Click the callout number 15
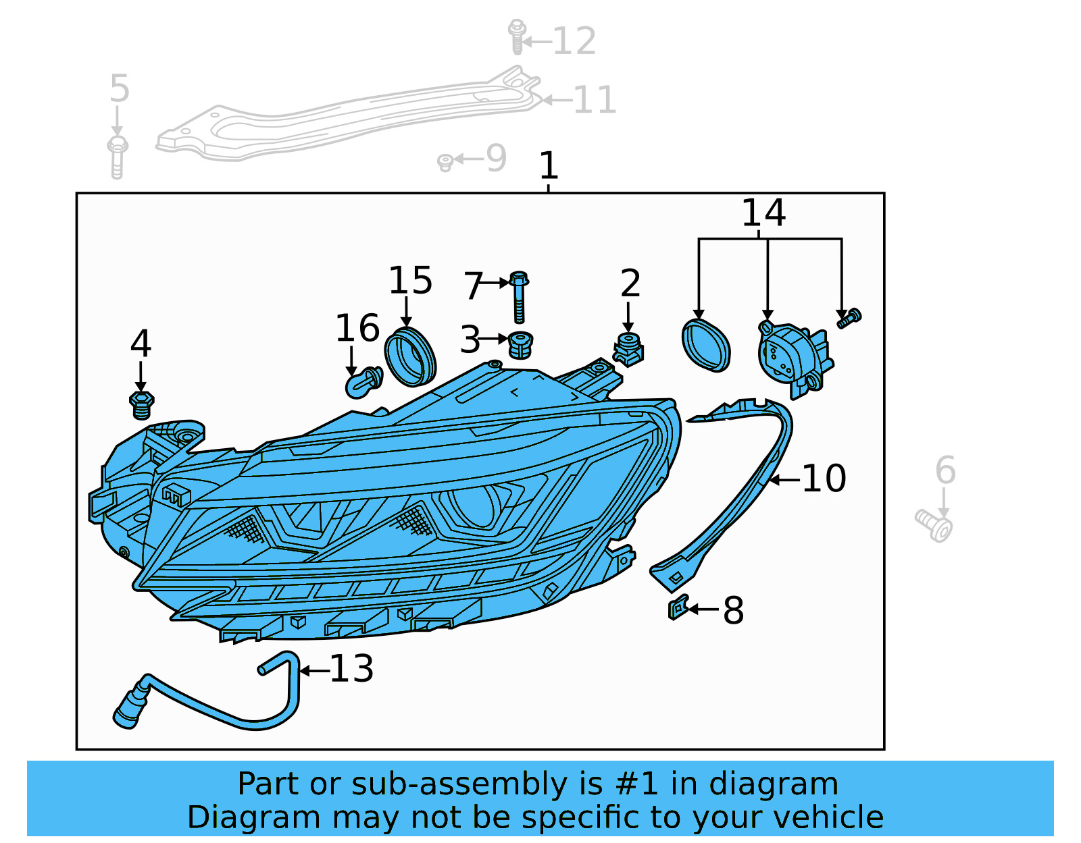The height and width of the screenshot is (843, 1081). (410, 281)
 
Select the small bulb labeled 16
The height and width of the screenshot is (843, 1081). (363, 383)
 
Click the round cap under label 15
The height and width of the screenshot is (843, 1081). (410, 357)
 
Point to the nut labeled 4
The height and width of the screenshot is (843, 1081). (141, 404)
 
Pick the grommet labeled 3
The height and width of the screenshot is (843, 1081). (520, 345)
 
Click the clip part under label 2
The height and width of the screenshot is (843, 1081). (628, 350)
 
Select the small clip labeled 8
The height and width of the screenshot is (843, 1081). (678, 607)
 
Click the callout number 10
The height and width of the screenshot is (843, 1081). (824, 479)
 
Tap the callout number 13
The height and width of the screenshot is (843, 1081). (351, 669)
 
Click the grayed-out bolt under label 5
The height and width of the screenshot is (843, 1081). (118, 157)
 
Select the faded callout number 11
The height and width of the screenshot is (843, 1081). (595, 100)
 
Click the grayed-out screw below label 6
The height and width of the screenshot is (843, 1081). (934, 525)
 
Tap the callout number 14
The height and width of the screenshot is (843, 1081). (763, 213)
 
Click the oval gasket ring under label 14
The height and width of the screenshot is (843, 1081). (706, 345)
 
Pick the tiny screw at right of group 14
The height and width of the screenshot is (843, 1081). (849, 318)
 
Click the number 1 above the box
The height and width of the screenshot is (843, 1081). (548, 166)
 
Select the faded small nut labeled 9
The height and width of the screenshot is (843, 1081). (445, 162)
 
